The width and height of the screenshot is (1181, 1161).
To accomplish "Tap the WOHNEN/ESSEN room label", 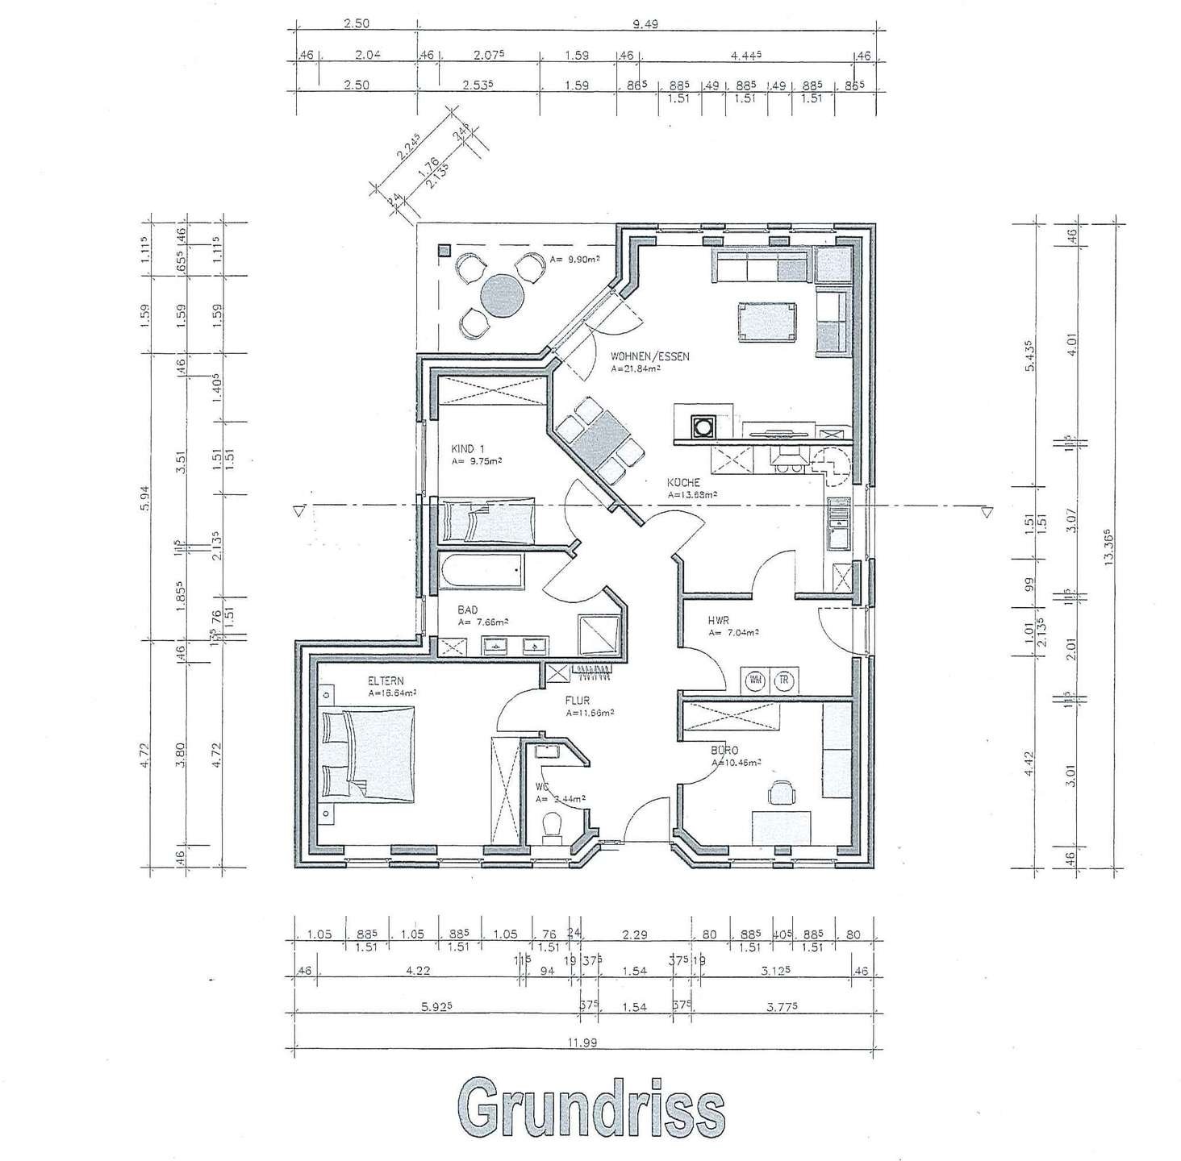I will (x=650, y=356).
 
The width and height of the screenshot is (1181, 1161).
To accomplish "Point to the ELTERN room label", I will (x=386, y=680).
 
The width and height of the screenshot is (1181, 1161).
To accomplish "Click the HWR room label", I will (x=719, y=620).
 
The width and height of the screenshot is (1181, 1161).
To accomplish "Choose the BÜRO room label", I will (x=725, y=750).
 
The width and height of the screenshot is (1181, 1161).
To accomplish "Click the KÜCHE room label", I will (x=683, y=483).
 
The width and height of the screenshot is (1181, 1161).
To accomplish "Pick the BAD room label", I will (x=468, y=610).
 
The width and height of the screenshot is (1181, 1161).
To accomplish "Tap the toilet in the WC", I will (x=553, y=827).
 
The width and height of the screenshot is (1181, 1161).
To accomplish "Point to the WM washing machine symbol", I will (x=757, y=680).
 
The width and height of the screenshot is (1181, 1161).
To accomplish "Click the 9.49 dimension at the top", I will (x=645, y=24).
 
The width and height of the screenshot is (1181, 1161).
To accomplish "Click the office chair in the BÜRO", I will (x=781, y=792).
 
